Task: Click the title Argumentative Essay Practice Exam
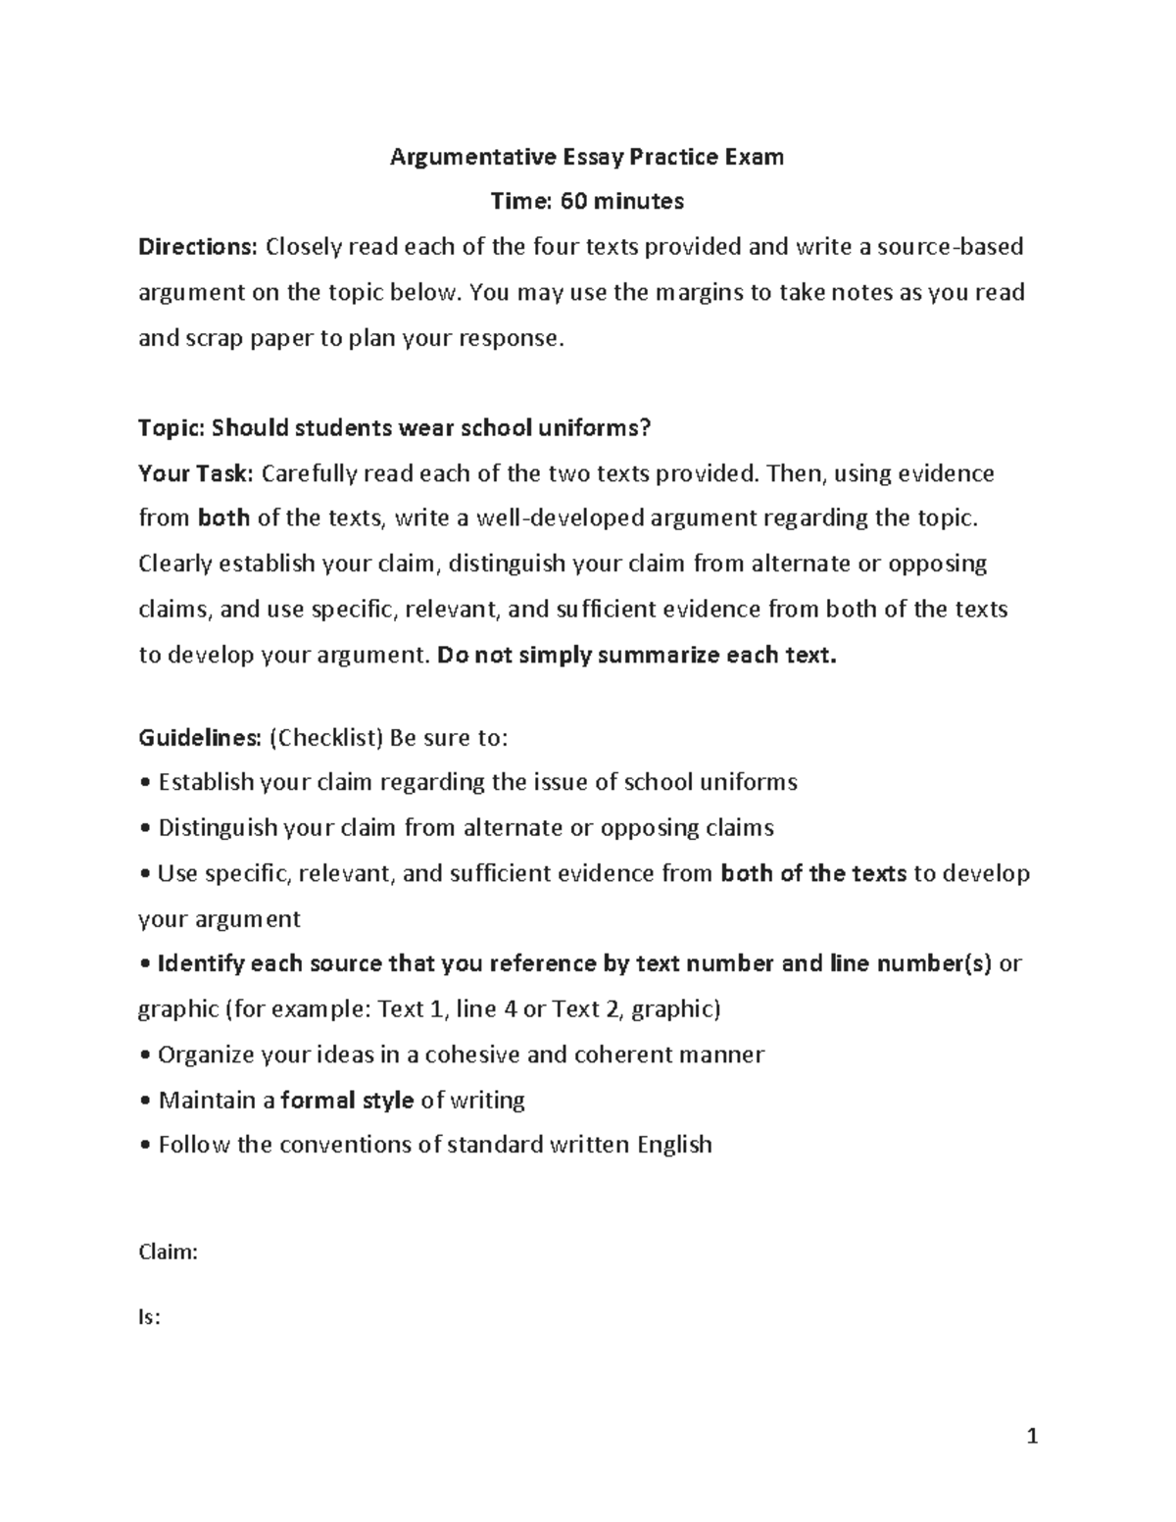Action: pos(587,157)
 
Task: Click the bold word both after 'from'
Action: pos(223,518)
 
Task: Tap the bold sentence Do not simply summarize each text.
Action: pos(637,656)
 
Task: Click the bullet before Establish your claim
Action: pos(145,783)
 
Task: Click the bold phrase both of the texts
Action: pos(812,873)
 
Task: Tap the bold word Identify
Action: pos(201,964)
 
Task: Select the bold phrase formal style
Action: pos(347,1101)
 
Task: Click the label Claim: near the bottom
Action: pos(169,1252)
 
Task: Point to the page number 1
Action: pos(1031,1439)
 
